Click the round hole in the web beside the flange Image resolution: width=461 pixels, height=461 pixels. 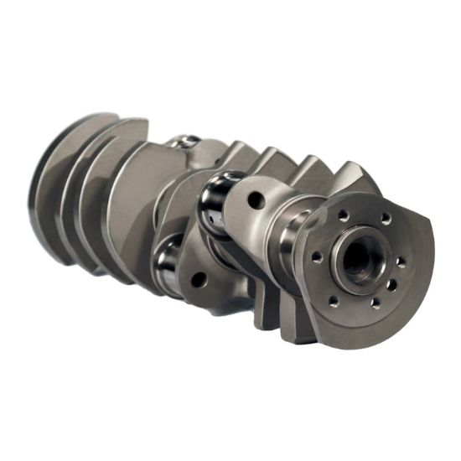point(256,201)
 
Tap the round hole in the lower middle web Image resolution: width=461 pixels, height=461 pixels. point(199,280)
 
